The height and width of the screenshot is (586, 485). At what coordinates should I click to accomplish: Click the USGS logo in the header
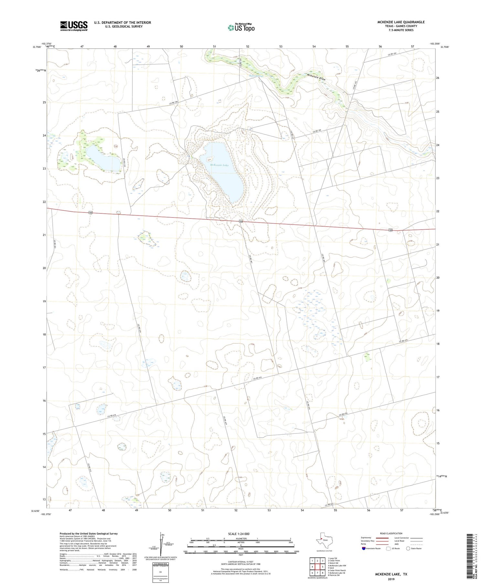pos(74,26)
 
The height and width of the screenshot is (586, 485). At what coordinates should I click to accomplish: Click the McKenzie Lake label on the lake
pos(219,165)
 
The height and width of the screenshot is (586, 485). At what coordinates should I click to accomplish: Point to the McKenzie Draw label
pos(316,77)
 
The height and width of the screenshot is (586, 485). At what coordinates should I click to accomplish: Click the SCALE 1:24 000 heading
pos(239,534)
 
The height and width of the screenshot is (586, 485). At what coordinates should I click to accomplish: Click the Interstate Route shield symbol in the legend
pos(364,549)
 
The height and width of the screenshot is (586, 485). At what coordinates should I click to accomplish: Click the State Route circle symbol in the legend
pos(408,549)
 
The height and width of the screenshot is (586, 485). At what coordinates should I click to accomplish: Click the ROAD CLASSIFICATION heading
pos(391,533)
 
